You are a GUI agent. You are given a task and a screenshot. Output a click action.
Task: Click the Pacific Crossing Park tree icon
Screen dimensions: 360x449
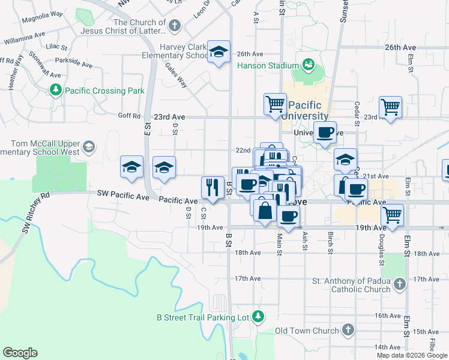[56, 91]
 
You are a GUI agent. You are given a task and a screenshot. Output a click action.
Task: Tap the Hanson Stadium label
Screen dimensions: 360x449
[268, 65]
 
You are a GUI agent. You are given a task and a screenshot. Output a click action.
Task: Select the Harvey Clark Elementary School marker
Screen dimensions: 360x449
[218, 52]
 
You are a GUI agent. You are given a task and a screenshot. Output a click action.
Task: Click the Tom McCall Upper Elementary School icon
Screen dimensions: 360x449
[89, 147]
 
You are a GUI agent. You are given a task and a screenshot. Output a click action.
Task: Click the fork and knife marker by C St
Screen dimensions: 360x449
[212, 187]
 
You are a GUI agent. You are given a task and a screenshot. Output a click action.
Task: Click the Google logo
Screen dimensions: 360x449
[20, 353]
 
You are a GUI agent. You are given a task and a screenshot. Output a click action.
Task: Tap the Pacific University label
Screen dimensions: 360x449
[304, 110]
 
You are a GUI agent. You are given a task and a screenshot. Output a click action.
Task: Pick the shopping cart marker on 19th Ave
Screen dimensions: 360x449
[393, 214]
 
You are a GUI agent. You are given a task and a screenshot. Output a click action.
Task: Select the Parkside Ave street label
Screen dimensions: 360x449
[73, 61]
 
